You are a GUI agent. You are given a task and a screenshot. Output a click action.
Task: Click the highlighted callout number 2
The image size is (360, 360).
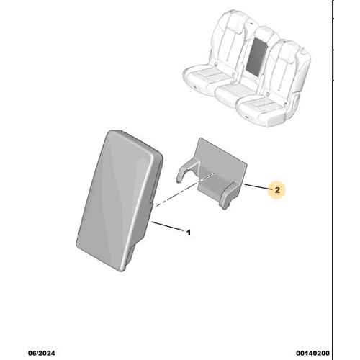click(x=277, y=190)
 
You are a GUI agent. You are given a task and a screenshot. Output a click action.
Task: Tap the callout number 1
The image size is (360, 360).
click(x=189, y=233)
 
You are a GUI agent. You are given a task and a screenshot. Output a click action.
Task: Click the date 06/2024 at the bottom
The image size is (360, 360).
click(x=42, y=353)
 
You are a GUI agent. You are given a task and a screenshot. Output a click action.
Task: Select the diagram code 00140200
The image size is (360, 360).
click(x=312, y=353)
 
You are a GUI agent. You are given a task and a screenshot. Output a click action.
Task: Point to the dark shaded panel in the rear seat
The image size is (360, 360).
click(x=256, y=57)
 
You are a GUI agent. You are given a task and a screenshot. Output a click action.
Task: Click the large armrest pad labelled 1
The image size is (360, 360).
click(x=120, y=200)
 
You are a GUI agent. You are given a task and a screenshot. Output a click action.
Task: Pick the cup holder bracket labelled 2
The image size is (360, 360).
click(x=212, y=174)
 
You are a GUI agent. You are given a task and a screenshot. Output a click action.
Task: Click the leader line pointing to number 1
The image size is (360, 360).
click(x=168, y=226)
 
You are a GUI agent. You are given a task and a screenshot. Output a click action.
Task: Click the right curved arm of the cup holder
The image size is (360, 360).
click(x=230, y=195)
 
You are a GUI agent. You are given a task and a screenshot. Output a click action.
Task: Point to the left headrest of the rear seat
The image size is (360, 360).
click(x=235, y=21)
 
